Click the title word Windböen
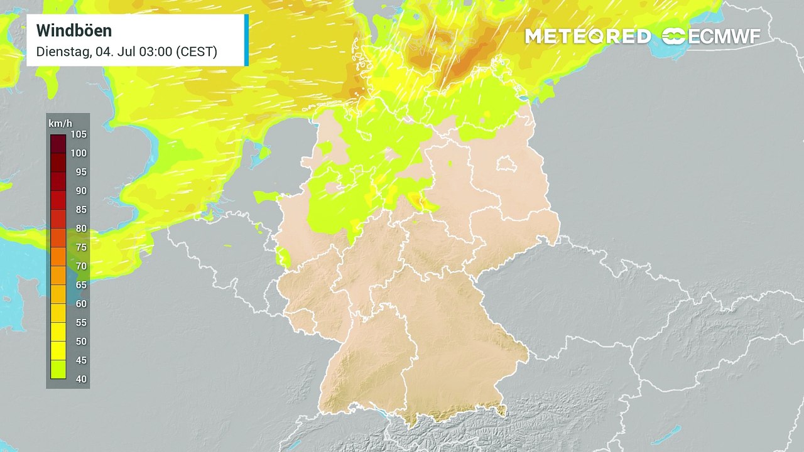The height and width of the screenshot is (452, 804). [74, 30]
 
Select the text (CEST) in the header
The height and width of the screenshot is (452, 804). [197, 51]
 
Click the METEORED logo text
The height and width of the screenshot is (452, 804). [587, 36]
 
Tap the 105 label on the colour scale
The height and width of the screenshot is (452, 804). [79, 134]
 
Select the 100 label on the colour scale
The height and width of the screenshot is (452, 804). [79, 153]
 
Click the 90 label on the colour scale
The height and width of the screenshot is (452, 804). [80, 191]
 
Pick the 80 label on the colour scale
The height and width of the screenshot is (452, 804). [81, 229]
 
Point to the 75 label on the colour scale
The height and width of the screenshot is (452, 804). [81, 247]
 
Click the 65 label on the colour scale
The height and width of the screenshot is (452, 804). [81, 285]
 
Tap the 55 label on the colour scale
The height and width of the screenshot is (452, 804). [81, 323]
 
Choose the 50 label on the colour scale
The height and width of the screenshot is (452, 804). [81, 342]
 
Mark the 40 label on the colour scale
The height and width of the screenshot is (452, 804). [81, 379]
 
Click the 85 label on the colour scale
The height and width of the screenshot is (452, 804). [81, 210]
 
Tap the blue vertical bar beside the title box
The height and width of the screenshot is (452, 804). [246, 40]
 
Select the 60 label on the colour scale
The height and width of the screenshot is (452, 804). [81, 304]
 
